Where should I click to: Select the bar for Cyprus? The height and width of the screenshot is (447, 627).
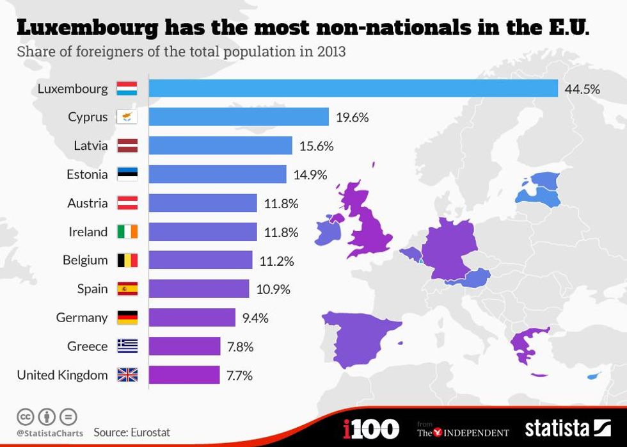point(239,117)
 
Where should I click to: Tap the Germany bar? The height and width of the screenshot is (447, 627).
point(192,318)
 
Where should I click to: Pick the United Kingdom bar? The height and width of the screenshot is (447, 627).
point(184,375)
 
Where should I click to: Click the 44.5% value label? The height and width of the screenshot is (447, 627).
point(582,89)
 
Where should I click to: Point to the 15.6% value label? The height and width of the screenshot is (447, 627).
point(316,146)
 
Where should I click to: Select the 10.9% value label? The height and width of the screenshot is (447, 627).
point(273,289)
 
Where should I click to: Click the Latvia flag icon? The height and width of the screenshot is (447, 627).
point(127,146)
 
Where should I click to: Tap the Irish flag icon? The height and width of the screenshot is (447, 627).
point(127,232)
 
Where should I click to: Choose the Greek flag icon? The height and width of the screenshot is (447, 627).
point(127,346)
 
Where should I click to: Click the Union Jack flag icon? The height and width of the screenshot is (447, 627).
point(127,375)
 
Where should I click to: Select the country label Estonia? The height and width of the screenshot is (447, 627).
point(87,174)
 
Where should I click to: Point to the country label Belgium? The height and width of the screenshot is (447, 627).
point(85,260)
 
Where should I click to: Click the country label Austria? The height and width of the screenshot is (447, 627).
point(87,203)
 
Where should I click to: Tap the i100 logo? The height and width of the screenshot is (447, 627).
point(372,428)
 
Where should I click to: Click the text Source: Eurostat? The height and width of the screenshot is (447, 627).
point(132,432)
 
